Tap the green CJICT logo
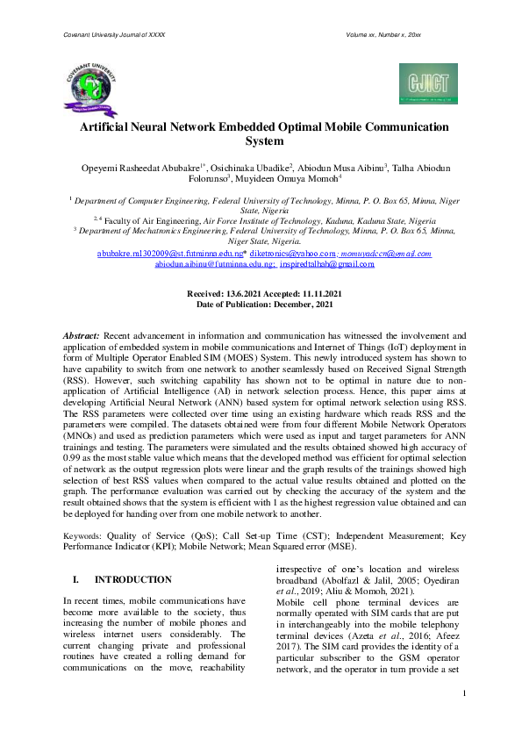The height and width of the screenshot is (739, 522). [x=427, y=83]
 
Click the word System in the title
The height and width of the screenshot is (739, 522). [x=264, y=140]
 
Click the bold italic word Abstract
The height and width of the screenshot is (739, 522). [x=82, y=335]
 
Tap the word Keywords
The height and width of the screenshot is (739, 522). [x=82, y=534]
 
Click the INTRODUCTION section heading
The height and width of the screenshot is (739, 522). [x=132, y=580]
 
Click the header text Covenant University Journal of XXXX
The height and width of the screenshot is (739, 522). [x=115, y=34]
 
